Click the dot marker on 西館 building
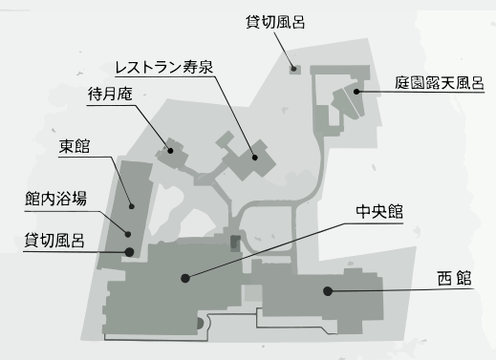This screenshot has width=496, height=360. (327, 290)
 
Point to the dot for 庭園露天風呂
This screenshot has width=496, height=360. (356, 92)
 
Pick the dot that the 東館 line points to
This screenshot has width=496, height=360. (133, 205)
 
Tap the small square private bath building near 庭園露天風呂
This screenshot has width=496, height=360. (294, 69)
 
